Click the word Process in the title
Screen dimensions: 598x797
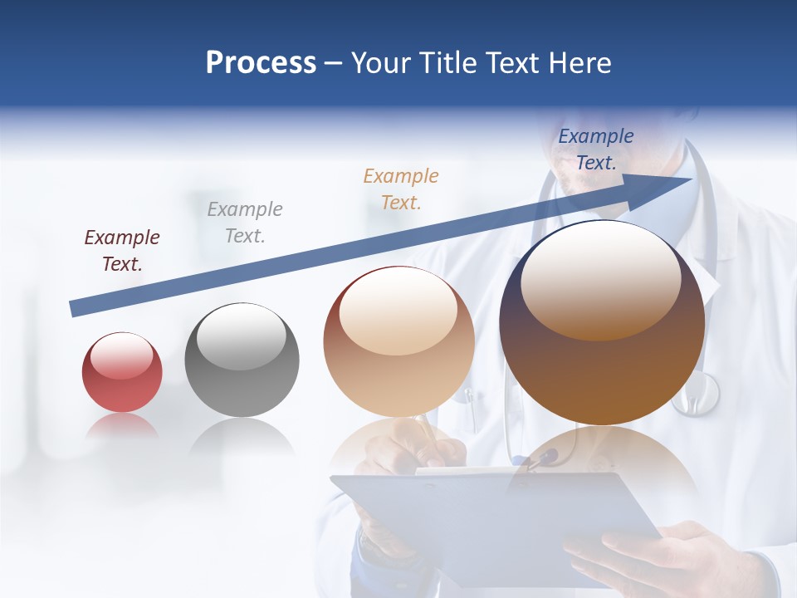tap(261, 63)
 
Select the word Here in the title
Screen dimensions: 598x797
tap(579, 63)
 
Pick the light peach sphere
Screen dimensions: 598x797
tap(398, 342)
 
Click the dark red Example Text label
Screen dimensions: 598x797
tap(122, 251)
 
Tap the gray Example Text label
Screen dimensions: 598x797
tap(245, 223)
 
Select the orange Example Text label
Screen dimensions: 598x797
tap(401, 189)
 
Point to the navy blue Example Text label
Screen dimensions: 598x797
tap(596, 149)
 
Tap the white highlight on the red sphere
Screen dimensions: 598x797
tap(122, 355)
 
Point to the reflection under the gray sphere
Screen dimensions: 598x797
tap(242, 436)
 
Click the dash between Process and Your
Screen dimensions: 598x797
tap(333, 63)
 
